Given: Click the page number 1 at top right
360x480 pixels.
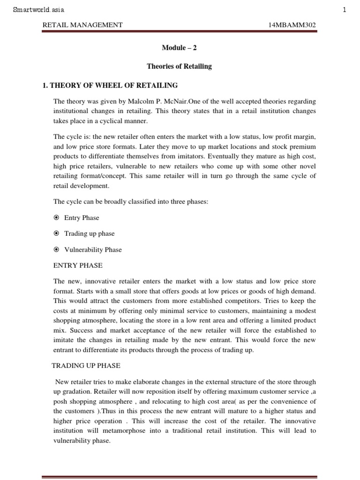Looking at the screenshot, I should [345, 9].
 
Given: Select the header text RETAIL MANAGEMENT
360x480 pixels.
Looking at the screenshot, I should [82, 25].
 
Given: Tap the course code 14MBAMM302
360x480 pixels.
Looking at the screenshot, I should [292, 25].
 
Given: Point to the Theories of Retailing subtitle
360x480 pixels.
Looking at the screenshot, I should [179, 66].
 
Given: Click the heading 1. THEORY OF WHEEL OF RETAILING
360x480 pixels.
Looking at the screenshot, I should [110, 85].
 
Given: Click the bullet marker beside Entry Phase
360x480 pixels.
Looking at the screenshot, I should [56, 217].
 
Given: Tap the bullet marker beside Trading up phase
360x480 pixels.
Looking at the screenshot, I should [56, 233].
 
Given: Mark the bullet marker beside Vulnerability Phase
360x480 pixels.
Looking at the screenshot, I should [56, 249].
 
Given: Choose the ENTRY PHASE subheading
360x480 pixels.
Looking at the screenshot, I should [78, 265].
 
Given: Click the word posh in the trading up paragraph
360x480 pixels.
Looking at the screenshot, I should [61, 401].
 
